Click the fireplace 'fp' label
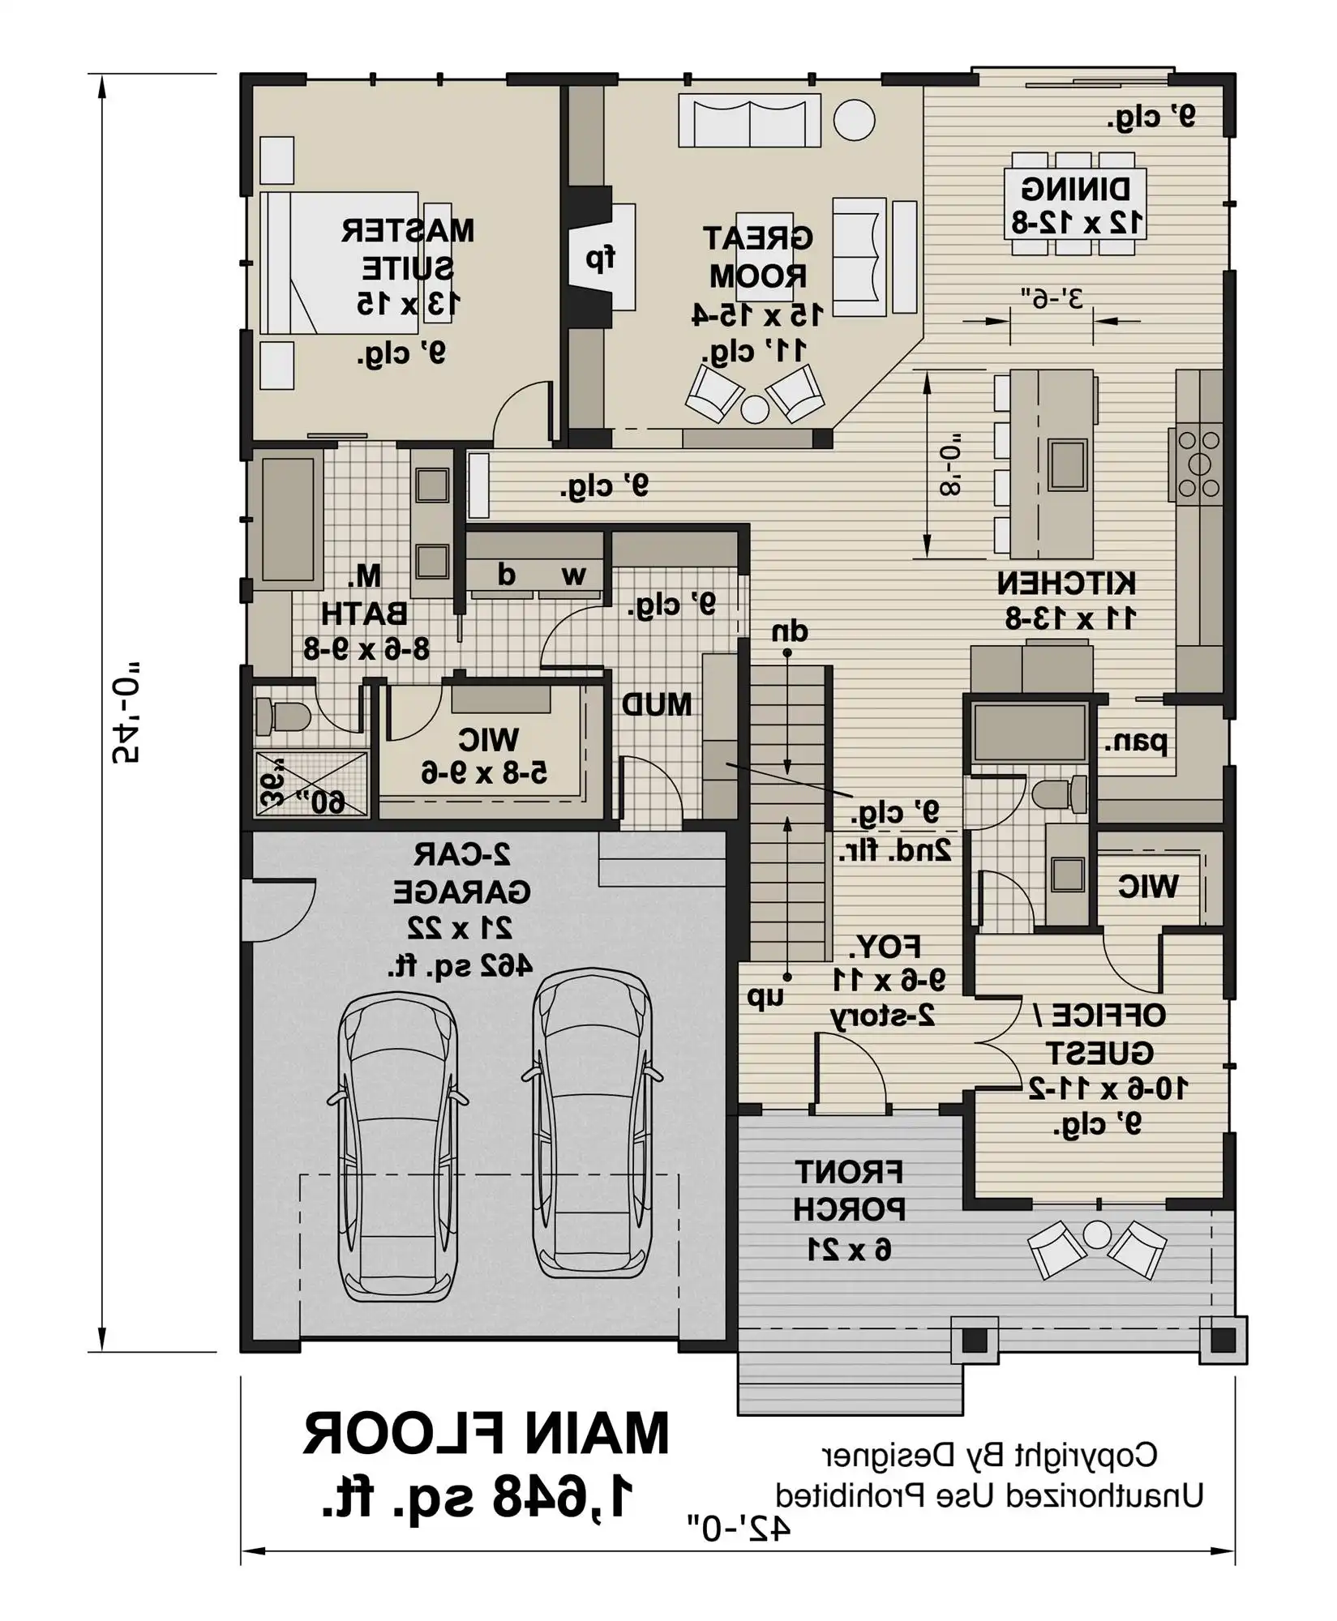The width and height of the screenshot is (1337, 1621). (601, 258)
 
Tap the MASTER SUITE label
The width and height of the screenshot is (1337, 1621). (408, 267)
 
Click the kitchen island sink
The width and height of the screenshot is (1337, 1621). (1066, 464)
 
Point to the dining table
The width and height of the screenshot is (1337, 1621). (1075, 204)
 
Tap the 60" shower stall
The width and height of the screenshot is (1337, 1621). (311, 784)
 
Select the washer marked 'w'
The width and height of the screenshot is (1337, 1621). (573, 575)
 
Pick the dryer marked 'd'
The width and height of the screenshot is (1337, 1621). (506, 575)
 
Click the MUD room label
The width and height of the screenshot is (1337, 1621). (657, 704)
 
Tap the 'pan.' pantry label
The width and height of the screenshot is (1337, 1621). (1136, 742)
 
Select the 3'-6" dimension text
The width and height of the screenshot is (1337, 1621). (1051, 297)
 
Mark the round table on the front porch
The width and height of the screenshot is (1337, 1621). (1096, 1234)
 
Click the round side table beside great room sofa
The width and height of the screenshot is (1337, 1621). (854, 120)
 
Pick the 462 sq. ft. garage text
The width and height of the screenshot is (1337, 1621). (460, 965)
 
